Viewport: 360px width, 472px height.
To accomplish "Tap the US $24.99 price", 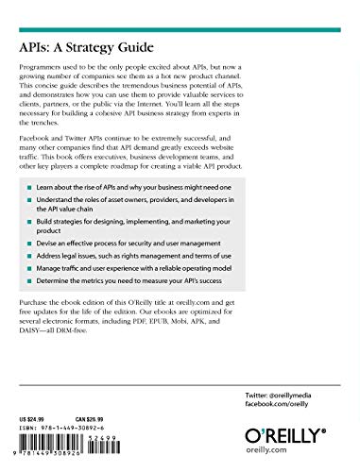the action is tap(33, 390).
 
